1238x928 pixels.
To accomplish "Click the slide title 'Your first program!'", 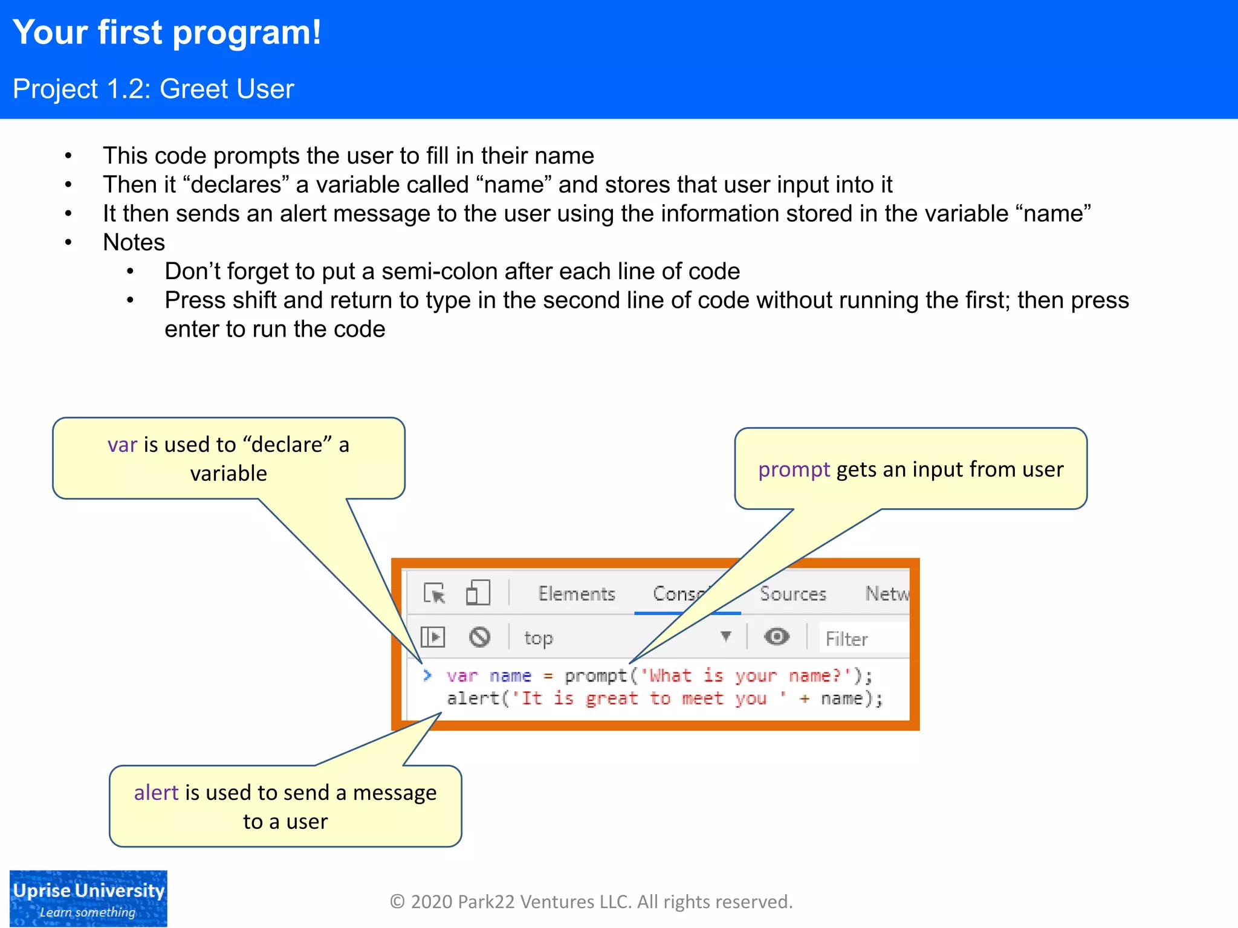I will click(x=167, y=33).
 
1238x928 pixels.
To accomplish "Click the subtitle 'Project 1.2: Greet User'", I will click(x=154, y=89).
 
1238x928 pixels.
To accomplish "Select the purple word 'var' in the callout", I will click(x=122, y=445).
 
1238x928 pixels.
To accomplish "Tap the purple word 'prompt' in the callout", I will click(x=794, y=469).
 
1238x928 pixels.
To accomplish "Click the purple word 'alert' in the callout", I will click(x=156, y=793).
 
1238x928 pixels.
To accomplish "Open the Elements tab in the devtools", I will click(x=576, y=594).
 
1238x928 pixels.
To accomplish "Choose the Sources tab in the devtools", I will click(x=792, y=594).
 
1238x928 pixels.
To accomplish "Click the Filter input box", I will click(x=863, y=639).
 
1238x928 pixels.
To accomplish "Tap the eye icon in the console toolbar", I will click(x=776, y=637).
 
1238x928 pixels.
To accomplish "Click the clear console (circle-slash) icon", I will click(x=479, y=637).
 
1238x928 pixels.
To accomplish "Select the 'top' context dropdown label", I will click(x=538, y=638).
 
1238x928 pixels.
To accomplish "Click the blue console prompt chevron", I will click(x=427, y=675).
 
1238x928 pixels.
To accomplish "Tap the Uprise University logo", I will click(x=88, y=898).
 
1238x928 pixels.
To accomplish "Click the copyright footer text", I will click(x=591, y=902).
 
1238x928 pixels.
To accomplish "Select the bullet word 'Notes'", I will click(x=134, y=242).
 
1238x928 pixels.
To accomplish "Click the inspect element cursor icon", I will click(x=434, y=593).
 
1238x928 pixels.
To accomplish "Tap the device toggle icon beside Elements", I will click(x=478, y=593).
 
